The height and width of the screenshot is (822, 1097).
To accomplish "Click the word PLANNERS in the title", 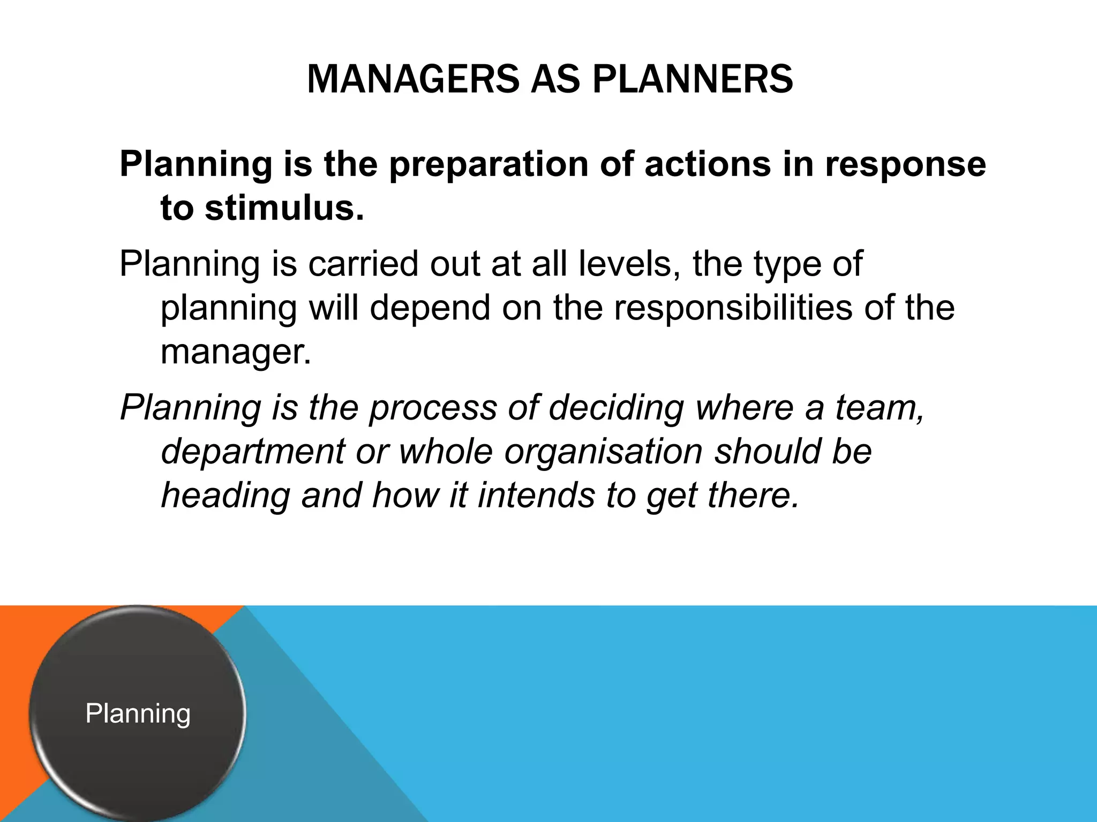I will tap(693, 79).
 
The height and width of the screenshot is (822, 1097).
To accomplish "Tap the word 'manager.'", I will tap(236, 352).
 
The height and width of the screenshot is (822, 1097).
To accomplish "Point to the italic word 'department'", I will tap(253, 451).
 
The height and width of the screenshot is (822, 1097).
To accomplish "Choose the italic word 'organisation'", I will tap(603, 451).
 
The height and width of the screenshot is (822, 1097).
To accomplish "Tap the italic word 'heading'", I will tap(225, 495).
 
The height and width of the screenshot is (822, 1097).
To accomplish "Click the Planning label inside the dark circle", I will tap(138, 713).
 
